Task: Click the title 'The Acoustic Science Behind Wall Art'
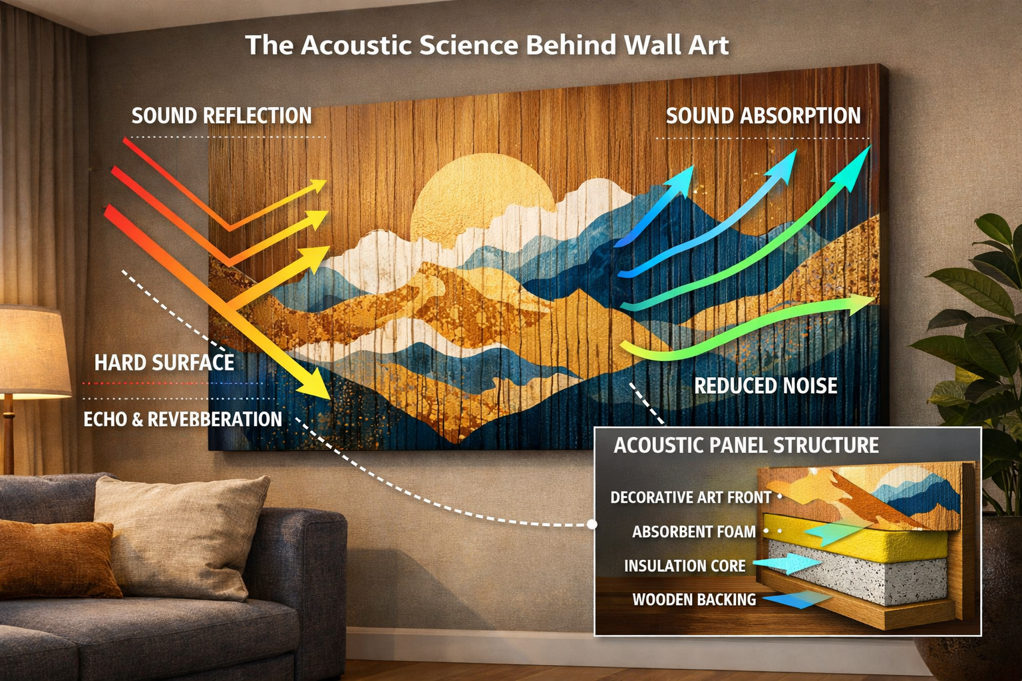pyautogui.click(x=486, y=45)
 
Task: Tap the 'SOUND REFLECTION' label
pyautogui.click(x=222, y=116)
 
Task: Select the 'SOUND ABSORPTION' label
pyautogui.click(x=763, y=116)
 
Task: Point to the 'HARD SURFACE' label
pyautogui.click(x=164, y=362)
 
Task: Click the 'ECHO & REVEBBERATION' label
pyautogui.click(x=183, y=419)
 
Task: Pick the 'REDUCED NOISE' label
pyautogui.click(x=766, y=386)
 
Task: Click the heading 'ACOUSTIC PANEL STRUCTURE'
pyautogui.click(x=746, y=445)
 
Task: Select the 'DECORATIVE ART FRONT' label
pyautogui.click(x=691, y=497)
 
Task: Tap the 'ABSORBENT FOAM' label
pyautogui.click(x=694, y=532)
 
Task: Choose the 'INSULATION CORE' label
pyautogui.click(x=685, y=566)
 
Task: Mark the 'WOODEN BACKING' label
pyautogui.click(x=694, y=600)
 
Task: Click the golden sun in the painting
pyautogui.click(x=481, y=193)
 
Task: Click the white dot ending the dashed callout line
pyautogui.click(x=592, y=524)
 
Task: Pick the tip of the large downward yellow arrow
pyautogui.click(x=327, y=396)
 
